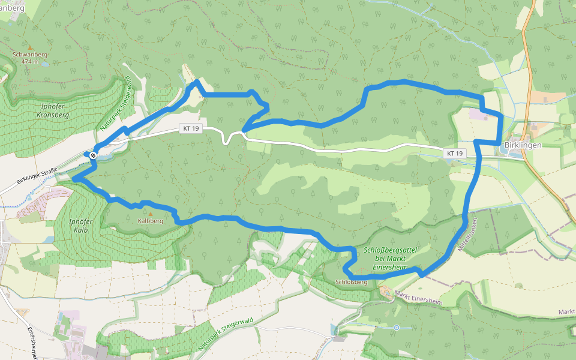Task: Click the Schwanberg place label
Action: (x=29, y=54)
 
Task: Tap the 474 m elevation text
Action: (x=29, y=61)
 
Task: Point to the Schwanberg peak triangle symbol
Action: (x=29, y=47)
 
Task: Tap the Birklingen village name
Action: (x=523, y=145)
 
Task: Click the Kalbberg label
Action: (x=150, y=221)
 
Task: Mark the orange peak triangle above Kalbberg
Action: (x=151, y=213)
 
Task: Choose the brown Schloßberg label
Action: (x=352, y=281)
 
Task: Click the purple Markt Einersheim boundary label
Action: (x=419, y=298)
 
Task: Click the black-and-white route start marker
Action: (x=93, y=155)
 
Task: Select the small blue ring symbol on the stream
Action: (x=396, y=327)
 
